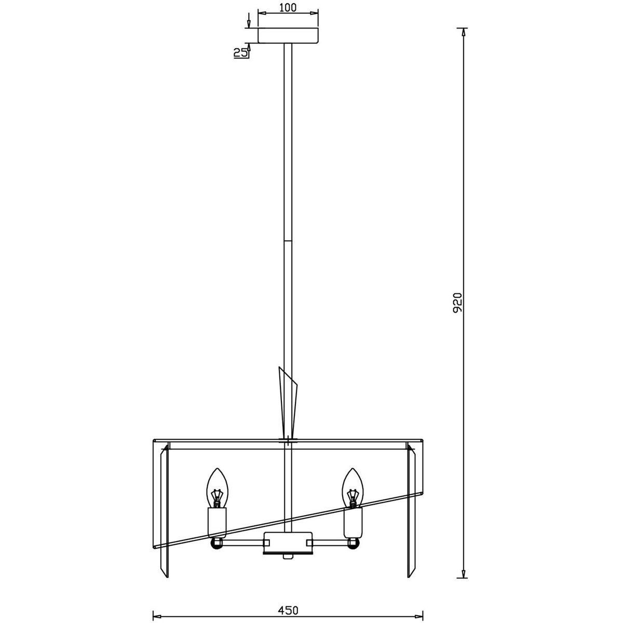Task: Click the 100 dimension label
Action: (288, 7)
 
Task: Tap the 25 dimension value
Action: (240, 53)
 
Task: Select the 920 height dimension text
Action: (457, 303)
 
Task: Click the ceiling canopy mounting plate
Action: (288, 36)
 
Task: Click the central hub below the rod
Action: (288, 543)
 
